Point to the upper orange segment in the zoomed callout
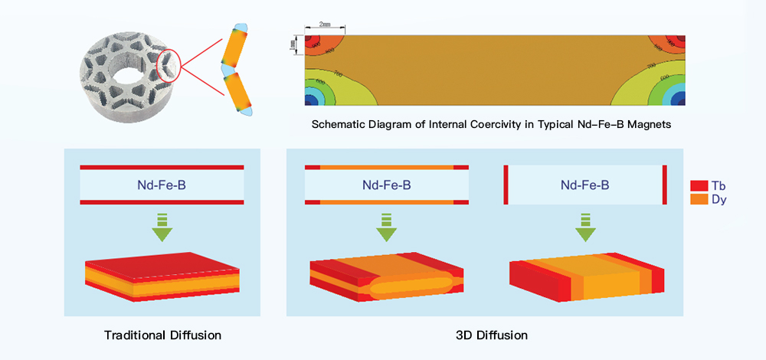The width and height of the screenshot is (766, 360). [x=234, y=47]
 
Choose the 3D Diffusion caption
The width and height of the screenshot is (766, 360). [x=490, y=335]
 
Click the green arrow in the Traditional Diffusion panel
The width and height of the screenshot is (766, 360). [x=162, y=225]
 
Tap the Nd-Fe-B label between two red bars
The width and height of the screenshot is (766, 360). [x=162, y=185]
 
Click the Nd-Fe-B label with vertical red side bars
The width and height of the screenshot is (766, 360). [x=584, y=185]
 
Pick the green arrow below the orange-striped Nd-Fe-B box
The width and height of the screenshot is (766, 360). [x=386, y=225]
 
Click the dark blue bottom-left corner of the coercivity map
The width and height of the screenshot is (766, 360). [x=310, y=100]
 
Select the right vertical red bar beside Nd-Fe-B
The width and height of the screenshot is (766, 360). [x=664, y=185]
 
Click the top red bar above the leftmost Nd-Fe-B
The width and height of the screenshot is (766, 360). [x=162, y=167]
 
